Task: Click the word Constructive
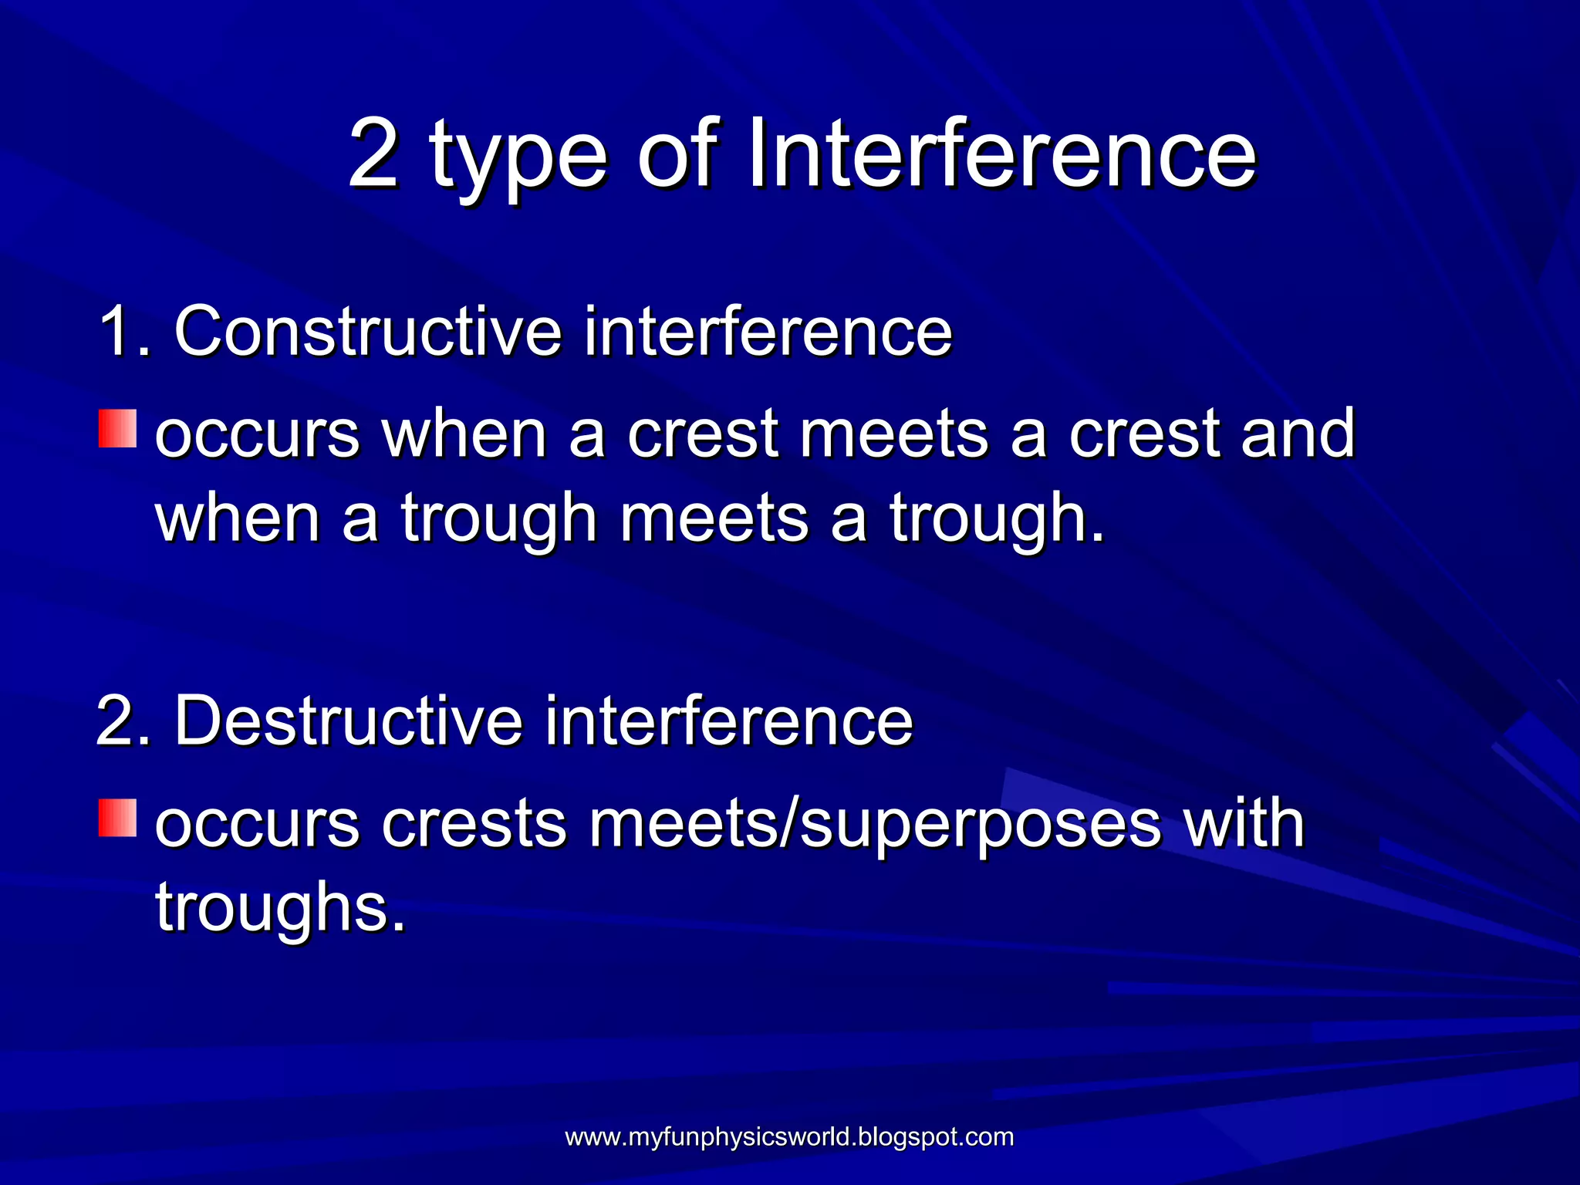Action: coord(368,332)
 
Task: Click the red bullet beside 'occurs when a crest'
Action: coord(117,429)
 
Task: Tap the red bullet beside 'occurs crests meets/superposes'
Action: coord(117,818)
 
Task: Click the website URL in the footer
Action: coord(789,1137)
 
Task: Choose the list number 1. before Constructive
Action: coord(123,332)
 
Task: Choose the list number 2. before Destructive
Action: coord(123,721)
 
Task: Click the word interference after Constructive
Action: coord(768,332)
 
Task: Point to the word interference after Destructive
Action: coord(728,721)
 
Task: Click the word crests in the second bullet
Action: coord(474,824)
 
